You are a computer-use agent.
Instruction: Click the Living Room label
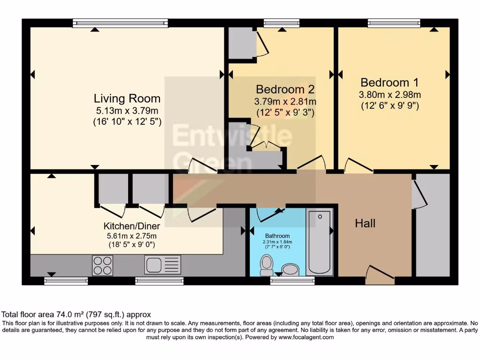click(127, 98)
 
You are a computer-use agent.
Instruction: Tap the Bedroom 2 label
click(285, 89)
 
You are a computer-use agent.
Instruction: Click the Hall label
click(365, 224)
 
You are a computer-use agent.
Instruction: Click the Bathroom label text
click(277, 236)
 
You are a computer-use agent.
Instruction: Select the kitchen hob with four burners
click(102, 265)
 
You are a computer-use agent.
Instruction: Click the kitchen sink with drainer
click(163, 265)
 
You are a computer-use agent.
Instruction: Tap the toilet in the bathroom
click(267, 265)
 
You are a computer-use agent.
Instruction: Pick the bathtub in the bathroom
click(320, 243)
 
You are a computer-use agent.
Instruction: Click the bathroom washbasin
click(290, 270)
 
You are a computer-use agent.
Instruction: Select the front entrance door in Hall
click(380, 276)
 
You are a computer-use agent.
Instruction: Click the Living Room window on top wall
click(120, 23)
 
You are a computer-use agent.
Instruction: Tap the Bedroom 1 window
click(394, 23)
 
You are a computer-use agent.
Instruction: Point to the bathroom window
click(292, 281)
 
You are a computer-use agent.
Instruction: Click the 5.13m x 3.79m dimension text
click(127, 111)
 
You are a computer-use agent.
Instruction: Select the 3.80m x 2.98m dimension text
click(390, 94)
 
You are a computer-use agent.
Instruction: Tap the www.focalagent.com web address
click(306, 337)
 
